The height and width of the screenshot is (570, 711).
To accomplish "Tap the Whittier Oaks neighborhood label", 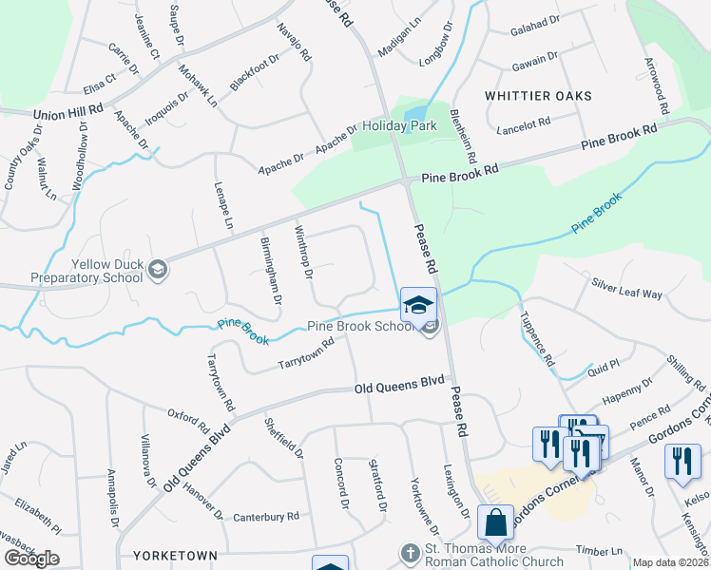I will click(x=538, y=96).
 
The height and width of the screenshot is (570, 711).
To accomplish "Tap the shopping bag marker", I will click(x=495, y=522).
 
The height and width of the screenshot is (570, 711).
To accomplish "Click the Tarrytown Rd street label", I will click(x=305, y=354).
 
